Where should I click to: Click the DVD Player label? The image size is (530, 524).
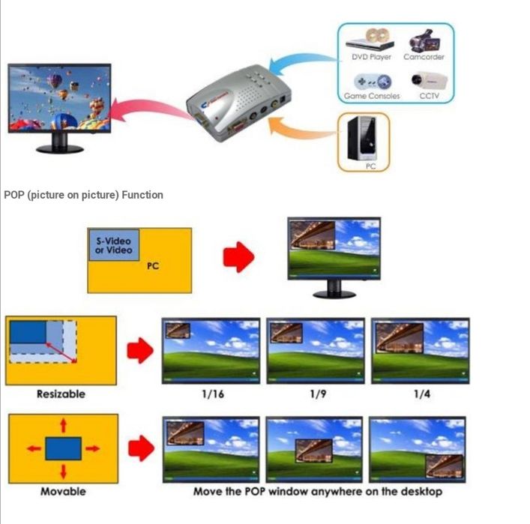[x=371, y=57]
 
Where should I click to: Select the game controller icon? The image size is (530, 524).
[x=371, y=80]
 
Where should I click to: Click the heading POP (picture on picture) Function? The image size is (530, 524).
[x=83, y=195]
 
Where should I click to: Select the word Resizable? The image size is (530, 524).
[x=61, y=394]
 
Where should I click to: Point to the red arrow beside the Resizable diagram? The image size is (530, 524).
[x=139, y=350]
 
